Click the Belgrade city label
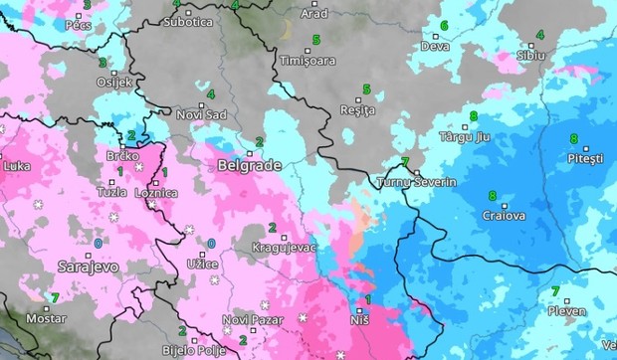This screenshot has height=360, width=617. click(248, 167)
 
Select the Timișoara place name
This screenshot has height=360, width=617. click(308, 61)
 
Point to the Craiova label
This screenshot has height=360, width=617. click(503, 215)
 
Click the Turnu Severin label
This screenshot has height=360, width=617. click(416, 183)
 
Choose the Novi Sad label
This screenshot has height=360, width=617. click(201, 114)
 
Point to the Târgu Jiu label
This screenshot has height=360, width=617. click(464, 135)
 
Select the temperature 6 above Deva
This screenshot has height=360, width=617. click(444, 26)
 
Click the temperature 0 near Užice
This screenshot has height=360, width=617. click(210, 244)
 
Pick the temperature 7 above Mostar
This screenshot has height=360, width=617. click(55, 296)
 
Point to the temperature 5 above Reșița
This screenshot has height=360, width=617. click(366, 90)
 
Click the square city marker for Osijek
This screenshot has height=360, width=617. click(114, 73)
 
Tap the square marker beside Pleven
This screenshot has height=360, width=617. click(566, 300)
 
